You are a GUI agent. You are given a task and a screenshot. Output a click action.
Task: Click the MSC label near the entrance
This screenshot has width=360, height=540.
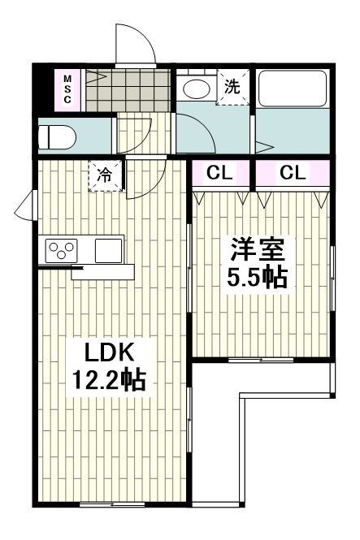(x=67, y=89)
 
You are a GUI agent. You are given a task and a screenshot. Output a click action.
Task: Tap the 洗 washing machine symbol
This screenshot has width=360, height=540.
(x=232, y=87)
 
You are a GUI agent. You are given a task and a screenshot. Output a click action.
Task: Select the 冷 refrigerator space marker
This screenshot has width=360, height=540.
(x=106, y=175)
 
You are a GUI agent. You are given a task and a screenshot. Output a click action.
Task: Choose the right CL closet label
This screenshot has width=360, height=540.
(x=293, y=172)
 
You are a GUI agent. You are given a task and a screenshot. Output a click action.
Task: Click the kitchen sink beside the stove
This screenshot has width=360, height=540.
(x=107, y=250)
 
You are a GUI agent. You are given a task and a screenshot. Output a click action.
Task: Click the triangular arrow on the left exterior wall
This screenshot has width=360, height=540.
(x=24, y=205)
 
